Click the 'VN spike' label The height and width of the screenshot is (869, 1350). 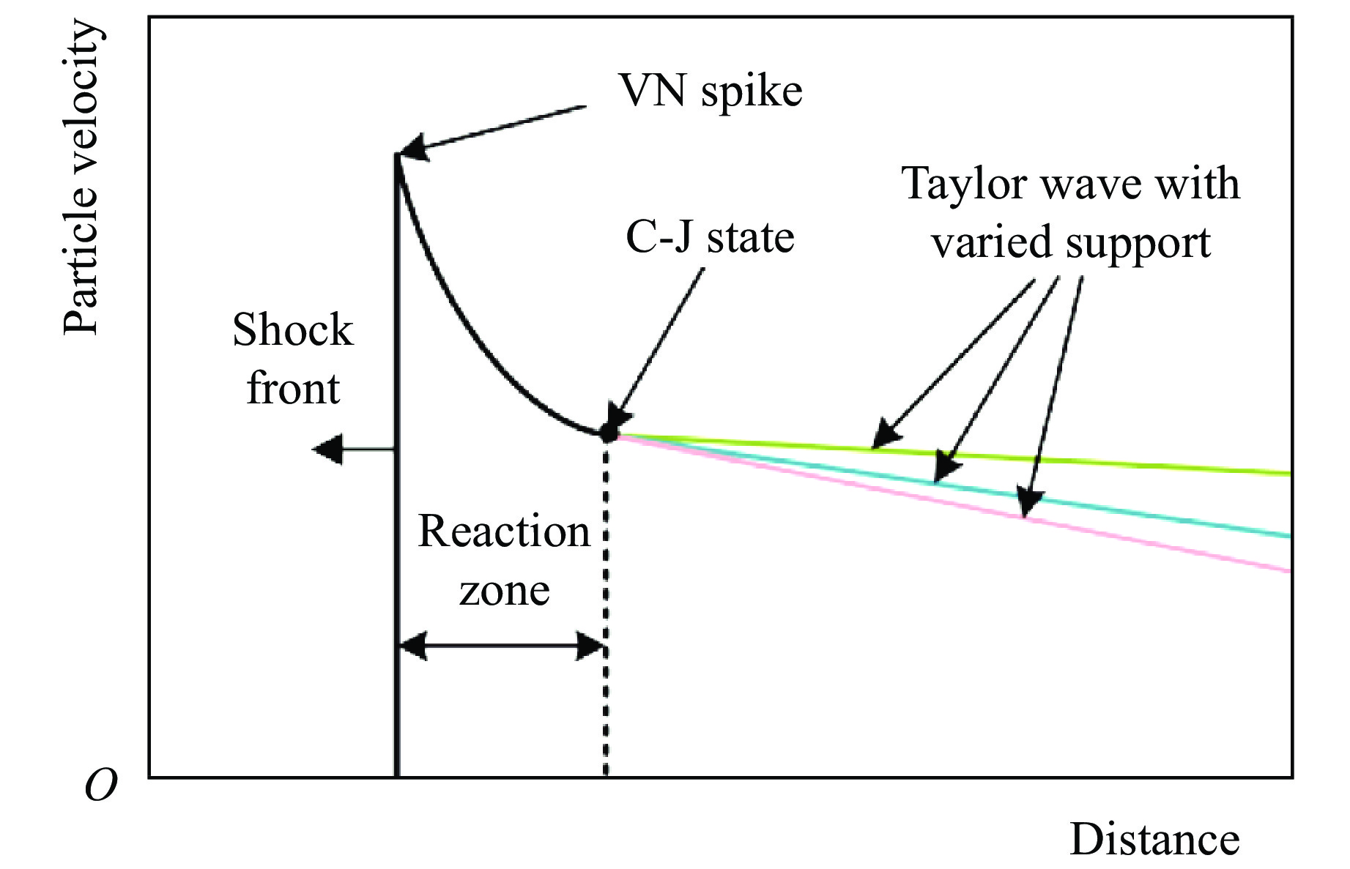coord(711,92)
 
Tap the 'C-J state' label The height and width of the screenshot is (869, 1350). coord(710,237)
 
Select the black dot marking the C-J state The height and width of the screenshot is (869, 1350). coord(608,433)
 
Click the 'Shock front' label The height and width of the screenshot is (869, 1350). coord(293,359)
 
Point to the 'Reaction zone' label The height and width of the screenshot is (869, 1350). coord(504,560)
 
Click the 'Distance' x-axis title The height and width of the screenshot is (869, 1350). coord(1154,839)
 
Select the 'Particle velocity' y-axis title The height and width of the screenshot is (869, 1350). coord(81,177)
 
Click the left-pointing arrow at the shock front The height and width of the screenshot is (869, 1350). coord(344,450)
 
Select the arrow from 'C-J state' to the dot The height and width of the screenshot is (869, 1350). coord(659,344)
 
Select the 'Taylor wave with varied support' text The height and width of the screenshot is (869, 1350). coord(1071,212)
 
